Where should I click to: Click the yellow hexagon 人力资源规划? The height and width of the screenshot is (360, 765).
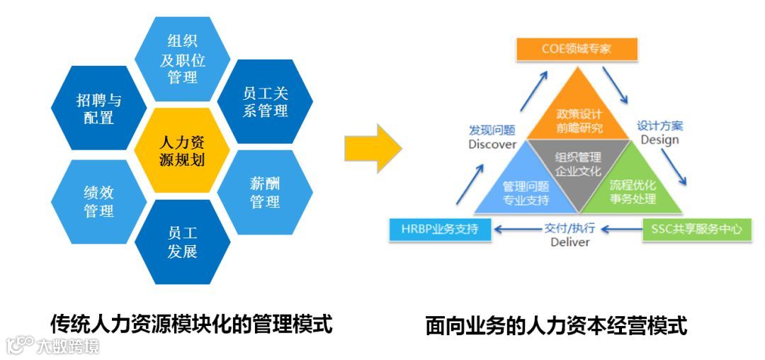tap(183, 150)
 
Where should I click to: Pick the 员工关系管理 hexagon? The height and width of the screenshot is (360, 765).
tap(265, 102)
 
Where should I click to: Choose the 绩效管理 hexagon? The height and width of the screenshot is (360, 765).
tap(99, 201)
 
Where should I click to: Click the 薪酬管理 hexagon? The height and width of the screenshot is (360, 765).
tap(265, 192)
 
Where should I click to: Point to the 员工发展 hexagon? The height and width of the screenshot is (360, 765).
tap(183, 242)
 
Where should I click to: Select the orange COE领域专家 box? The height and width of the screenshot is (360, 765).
tap(576, 49)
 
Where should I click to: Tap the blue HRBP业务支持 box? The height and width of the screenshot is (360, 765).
tap(440, 229)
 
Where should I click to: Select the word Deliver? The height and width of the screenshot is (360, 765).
tap(569, 242)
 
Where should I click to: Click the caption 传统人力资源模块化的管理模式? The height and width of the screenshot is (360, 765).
tap(191, 324)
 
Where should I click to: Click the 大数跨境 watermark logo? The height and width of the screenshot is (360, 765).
tap(53, 346)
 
